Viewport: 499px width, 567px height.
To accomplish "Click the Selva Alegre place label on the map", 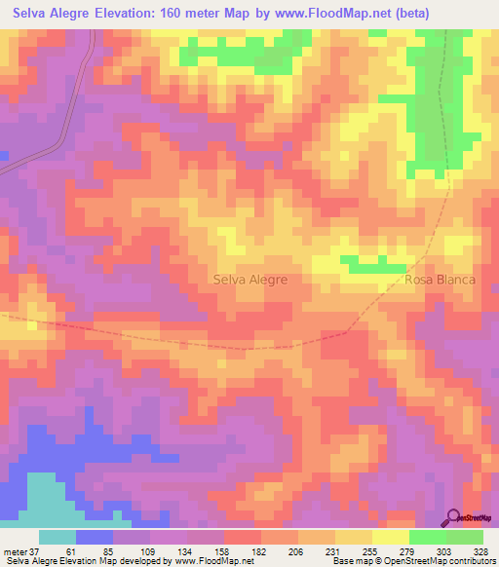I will click(249, 280).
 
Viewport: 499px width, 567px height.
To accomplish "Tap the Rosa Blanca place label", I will click(440, 280).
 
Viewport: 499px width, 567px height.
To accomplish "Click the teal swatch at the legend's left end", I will click(58, 537).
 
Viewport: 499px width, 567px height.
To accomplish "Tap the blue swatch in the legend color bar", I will click(95, 537).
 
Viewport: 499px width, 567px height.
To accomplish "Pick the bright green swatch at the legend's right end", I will click(464, 537).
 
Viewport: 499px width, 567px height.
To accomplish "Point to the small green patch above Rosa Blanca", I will click(375, 262).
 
